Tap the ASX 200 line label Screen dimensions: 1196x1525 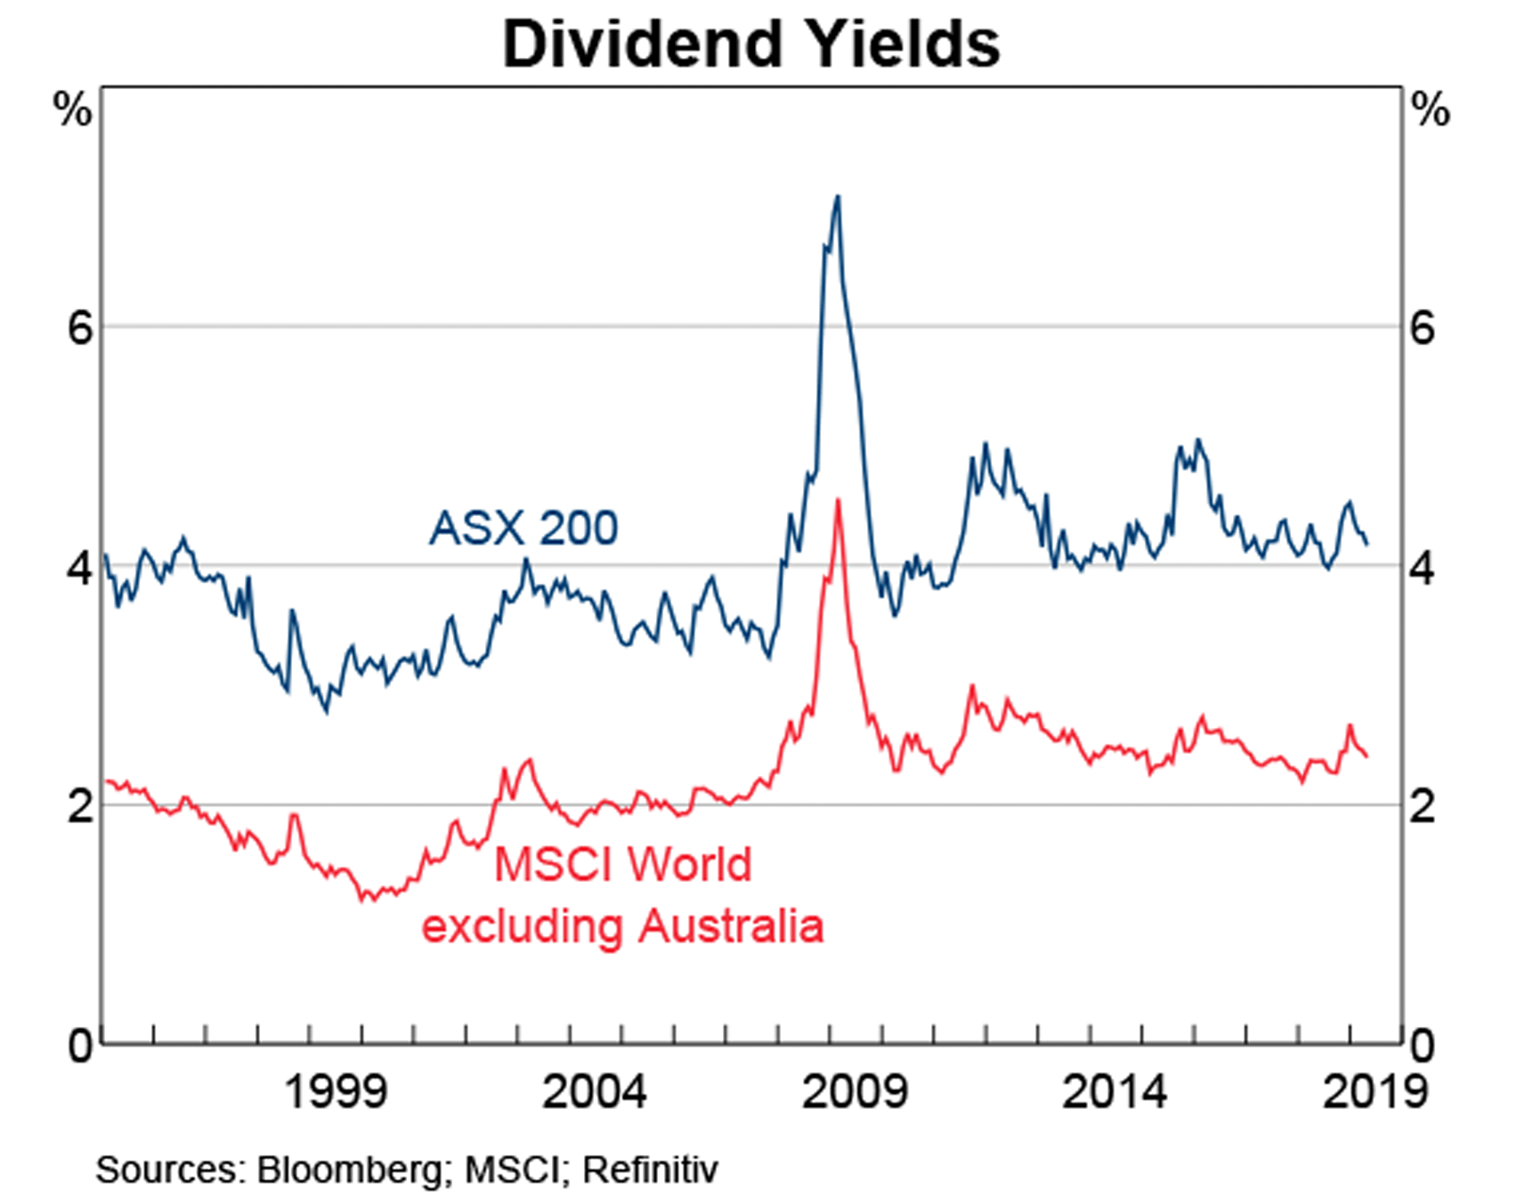point(523,527)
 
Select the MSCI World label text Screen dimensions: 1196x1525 point(623,864)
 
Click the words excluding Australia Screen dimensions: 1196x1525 point(623,926)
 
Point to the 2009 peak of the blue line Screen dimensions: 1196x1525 point(838,197)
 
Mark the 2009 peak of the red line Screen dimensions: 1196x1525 point(838,500)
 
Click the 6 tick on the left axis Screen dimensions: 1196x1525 point(79,329)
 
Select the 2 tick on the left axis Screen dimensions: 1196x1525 point(79,806)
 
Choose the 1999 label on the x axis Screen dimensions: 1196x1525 point(335,1092)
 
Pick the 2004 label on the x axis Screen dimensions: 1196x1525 point(594,1092)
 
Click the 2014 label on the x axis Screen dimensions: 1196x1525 point(1114,1092)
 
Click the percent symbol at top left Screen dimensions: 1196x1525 point(72,111)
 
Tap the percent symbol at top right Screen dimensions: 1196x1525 point(1430,111)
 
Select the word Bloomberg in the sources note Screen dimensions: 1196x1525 point(349,1169)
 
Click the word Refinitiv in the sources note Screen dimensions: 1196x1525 point(650,1169)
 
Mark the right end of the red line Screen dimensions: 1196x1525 point(1367,756)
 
